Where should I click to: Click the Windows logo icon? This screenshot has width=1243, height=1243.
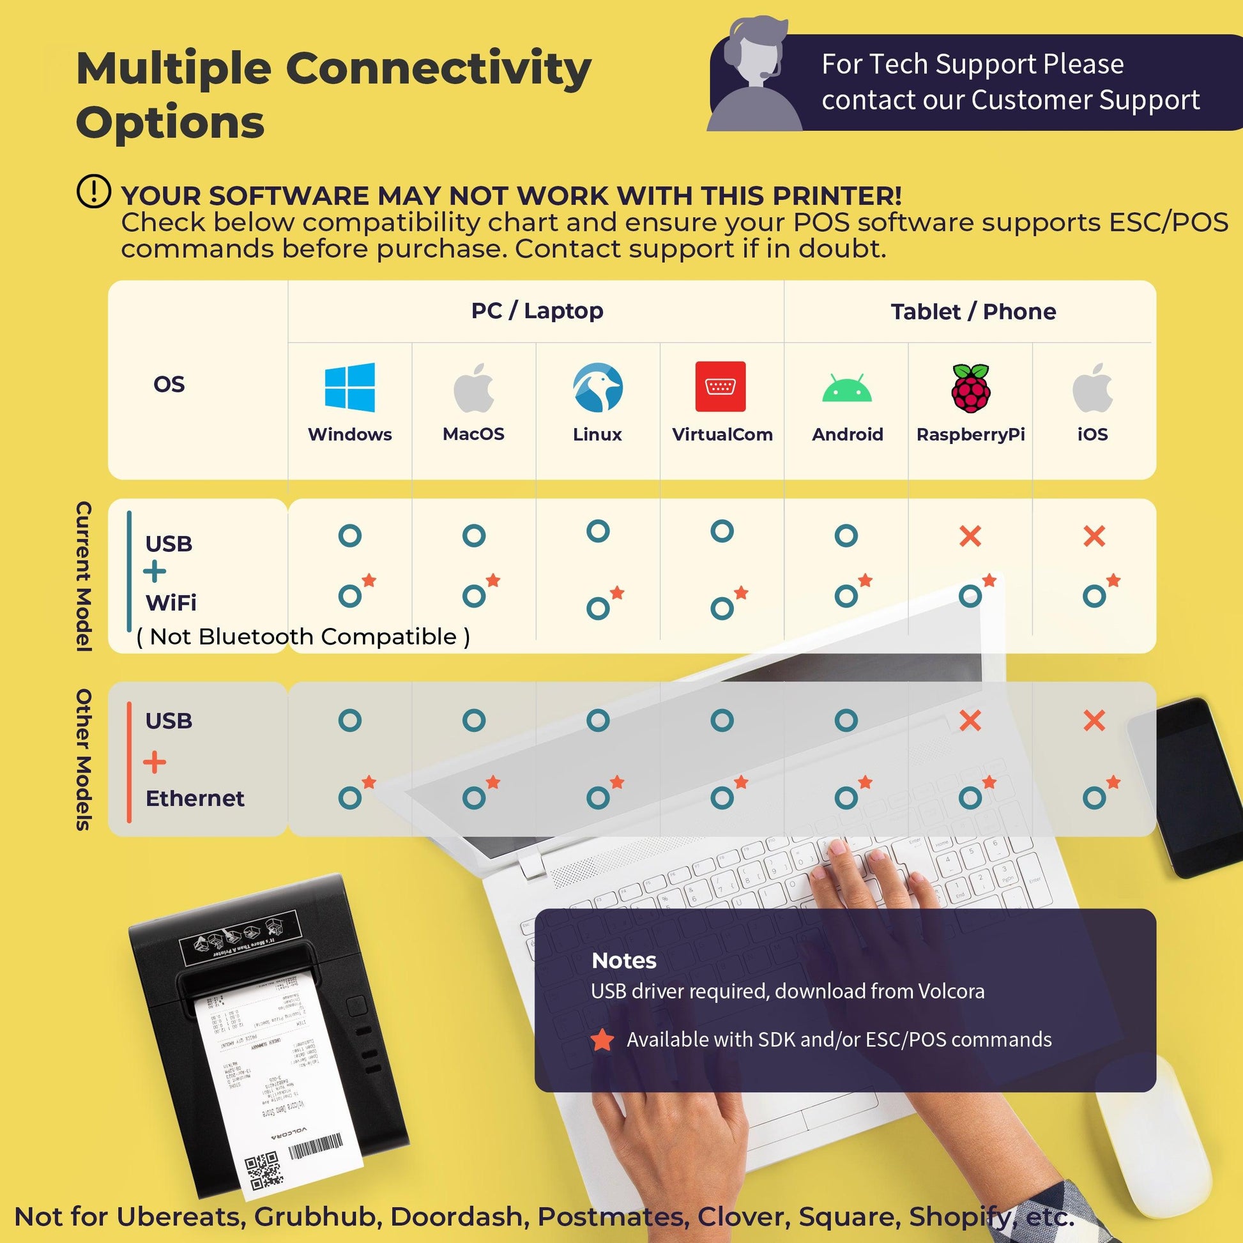coord(349,386)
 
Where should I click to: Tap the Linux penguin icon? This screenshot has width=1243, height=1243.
coord(598,386)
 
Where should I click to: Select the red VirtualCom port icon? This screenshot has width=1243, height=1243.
coord(721,386)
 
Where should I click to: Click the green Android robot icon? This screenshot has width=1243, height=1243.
coord(847,388)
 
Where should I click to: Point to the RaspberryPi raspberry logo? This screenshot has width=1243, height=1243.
coord(971,387)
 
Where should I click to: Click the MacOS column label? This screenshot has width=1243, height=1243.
coord(473,434)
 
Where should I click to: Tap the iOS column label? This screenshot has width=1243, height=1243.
coord(1092,434)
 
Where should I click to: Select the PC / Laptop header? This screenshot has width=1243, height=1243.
coord(537,310)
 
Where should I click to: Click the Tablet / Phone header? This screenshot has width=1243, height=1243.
coord(973,312)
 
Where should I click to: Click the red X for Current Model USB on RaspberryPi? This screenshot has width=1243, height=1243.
coord(970,536)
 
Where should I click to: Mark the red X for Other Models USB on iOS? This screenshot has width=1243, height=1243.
coord(1094,721)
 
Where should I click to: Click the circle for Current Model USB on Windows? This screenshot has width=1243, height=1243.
coord(350,535)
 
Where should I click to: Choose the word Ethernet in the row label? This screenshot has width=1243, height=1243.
coord(195,798)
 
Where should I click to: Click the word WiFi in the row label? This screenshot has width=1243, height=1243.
coord(171,603)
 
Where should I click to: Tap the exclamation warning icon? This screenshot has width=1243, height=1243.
coord(94,191)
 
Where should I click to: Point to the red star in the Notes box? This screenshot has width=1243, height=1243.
coord(602,1040)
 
